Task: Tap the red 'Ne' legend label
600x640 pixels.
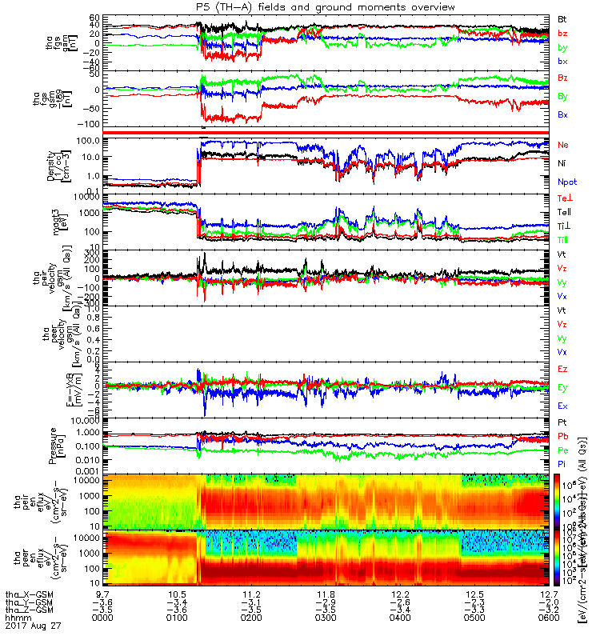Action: point(563,145)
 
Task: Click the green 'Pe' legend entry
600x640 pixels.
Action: point(562,450)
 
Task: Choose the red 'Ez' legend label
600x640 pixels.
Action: point(562,369)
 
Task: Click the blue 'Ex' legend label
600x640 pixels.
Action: point(562,406)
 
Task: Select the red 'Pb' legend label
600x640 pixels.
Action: point(562,436)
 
